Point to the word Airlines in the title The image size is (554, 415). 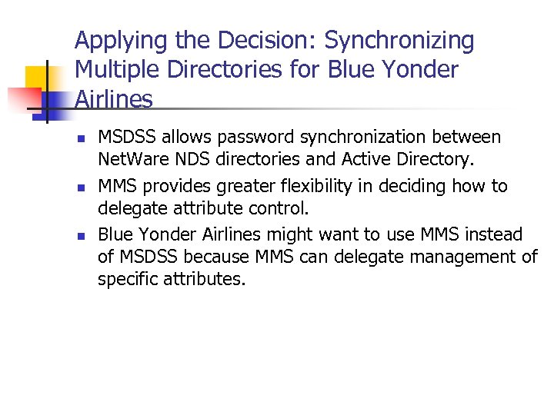click(x=114, y=99)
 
